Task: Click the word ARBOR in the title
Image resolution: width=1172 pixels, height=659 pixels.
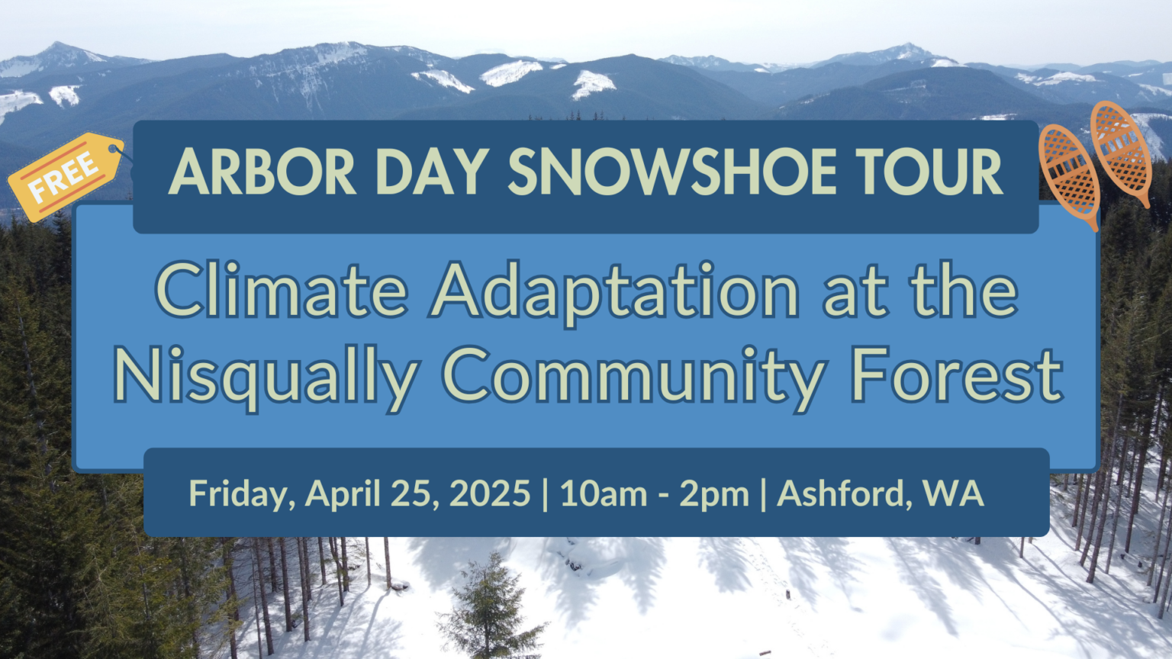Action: [x=262, y=172]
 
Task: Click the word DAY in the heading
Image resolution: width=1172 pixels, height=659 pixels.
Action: [x=432, y=172]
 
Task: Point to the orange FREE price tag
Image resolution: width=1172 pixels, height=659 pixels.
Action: [x=66, y=177]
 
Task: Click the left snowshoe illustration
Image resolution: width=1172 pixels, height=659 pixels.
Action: [x=1069, y=177]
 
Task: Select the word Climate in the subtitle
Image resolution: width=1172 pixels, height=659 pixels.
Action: [x=282, y=290]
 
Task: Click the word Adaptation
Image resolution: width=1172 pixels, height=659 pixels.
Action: [x=614, y=293]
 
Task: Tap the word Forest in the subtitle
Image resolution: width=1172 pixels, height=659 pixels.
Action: [x=956, y=375]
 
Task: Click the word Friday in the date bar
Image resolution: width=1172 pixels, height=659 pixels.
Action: [x=242, y=494]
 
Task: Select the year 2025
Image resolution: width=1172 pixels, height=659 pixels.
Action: [x=490, y=493]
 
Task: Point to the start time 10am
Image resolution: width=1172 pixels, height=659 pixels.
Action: [x=604, y=493]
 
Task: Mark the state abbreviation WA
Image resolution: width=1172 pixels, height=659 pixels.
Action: [x=954, y=493]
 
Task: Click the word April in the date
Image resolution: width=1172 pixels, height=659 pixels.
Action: [x=343, y=494]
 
